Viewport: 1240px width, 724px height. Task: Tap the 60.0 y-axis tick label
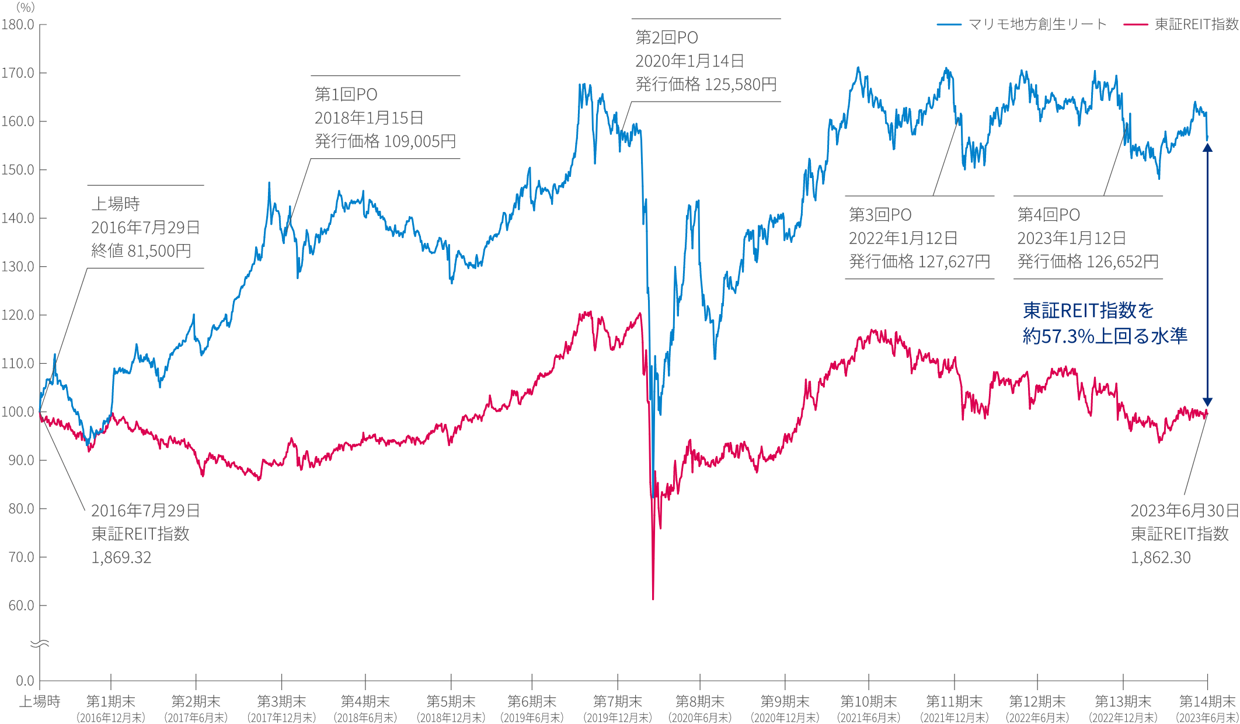21,605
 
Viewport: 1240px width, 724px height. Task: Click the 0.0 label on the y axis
25,681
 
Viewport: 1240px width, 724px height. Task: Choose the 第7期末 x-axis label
618,701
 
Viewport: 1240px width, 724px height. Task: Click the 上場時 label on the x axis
40,701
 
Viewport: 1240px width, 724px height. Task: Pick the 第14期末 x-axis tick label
1207,701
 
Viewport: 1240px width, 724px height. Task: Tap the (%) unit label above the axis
26,8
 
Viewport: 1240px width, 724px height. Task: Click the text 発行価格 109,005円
385,141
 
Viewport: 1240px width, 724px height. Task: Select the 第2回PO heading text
667,38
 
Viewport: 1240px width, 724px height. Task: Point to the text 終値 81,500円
141,251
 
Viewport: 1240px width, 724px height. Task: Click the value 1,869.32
121,558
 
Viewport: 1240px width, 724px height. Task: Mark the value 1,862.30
1161,558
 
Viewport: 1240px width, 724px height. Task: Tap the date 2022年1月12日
903,238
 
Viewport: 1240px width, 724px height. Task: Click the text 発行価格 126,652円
1088,262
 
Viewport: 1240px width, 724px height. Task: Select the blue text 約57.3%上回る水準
1105,336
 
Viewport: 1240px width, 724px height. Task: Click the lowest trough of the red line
653,598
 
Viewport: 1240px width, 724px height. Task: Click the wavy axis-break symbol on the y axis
40,644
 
